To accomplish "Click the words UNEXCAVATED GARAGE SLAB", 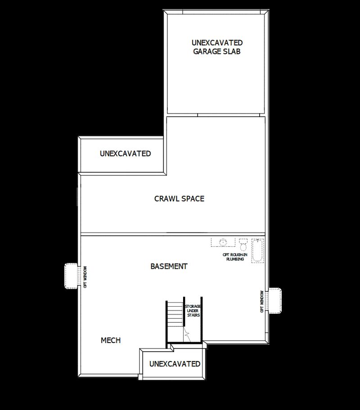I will coord(216,47).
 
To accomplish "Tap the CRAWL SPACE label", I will coord(179,198).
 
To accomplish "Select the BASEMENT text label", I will coord(169,266).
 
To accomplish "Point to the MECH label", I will coord(110,340).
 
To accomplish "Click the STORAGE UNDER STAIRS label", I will coord(193,311).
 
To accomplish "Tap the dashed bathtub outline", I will coord(257,250).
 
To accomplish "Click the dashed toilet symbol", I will coord(243,245).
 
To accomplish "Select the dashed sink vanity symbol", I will coord(223,242).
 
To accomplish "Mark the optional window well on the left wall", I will coord(71,276).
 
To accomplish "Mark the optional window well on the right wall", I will coord(275,300).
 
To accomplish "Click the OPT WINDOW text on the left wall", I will coord(85,277).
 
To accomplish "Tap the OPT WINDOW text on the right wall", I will coord(262,301).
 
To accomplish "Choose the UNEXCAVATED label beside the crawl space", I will coord(125,153).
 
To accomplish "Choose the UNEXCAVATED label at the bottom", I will coord(175,364).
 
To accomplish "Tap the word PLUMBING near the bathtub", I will coord(235,259).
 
